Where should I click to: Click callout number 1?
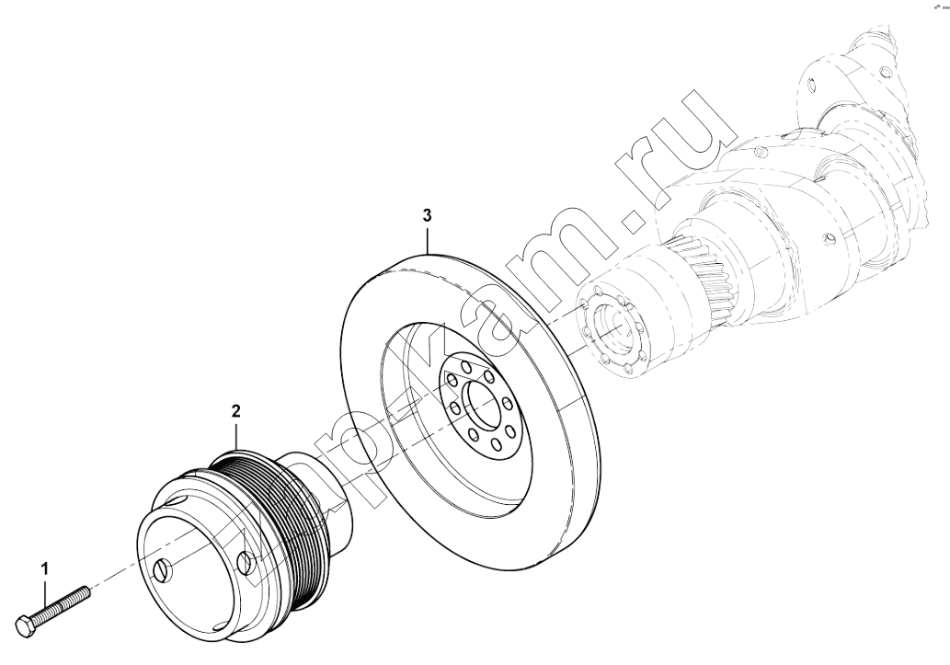coord(43,569)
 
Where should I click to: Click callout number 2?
coord(235,411)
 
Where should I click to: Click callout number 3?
coord(427,214)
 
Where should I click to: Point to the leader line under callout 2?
coord(235,435)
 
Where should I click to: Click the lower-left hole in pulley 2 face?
coord(165,569)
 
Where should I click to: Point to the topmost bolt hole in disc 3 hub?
coord(465,366)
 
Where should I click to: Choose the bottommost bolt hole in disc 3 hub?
coord(497,445)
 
